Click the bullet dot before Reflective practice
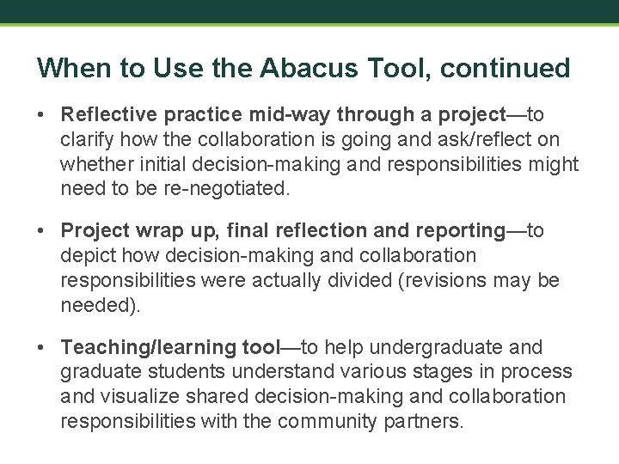click(42, 115)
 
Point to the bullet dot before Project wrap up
click(42, 231)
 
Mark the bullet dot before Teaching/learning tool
click(42, 348)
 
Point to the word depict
click(85, 255)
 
